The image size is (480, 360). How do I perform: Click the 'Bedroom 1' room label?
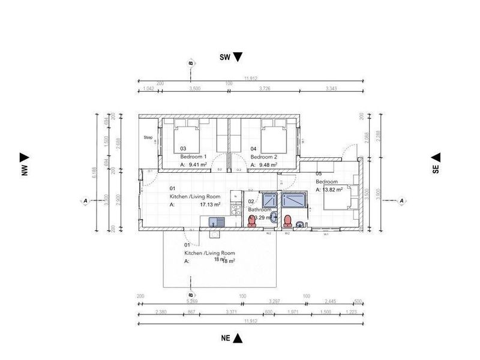194,156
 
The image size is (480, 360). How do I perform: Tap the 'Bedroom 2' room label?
264,156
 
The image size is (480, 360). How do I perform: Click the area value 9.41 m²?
198,164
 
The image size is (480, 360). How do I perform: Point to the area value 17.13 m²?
210,204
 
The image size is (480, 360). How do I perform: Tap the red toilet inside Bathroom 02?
253,221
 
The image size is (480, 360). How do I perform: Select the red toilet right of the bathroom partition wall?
288,220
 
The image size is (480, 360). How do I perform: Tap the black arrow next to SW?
238,57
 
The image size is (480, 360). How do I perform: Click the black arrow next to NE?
238,338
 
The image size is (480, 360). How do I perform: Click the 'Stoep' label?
148,137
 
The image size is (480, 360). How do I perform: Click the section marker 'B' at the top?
191,63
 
